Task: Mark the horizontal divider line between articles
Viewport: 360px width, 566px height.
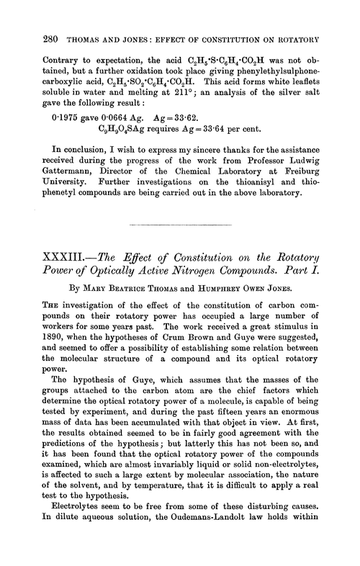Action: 180,223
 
